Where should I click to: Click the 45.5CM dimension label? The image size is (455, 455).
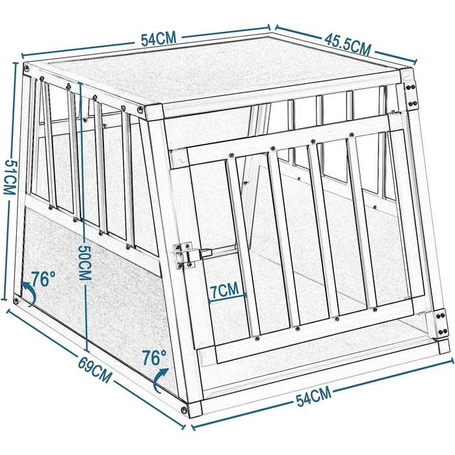[348, 45]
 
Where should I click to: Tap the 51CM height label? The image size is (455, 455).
[9, 177]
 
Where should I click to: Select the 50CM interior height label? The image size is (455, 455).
[85, 263]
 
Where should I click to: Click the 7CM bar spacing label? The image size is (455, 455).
[224, 290]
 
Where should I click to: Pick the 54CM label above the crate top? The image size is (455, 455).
[159, 39]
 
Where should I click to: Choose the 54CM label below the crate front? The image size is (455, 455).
[314, 396]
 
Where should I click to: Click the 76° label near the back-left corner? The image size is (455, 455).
[43, 279]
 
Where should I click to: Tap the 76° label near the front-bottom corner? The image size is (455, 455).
[154, 357]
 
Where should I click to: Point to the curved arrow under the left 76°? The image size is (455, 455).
[29, 293]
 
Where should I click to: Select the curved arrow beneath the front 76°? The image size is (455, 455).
[160, 380]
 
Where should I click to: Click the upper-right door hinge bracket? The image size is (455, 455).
[411, 95]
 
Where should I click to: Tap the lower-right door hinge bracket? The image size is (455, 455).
[441, 323]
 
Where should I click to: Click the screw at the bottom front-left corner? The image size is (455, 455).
[184, 410]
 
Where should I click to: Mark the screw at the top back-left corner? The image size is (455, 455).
[27, 69]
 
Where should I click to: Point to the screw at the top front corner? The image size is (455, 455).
[141, 110]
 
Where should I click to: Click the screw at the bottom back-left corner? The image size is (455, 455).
[16, 300]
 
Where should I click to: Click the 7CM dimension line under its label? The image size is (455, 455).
[227, 298]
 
